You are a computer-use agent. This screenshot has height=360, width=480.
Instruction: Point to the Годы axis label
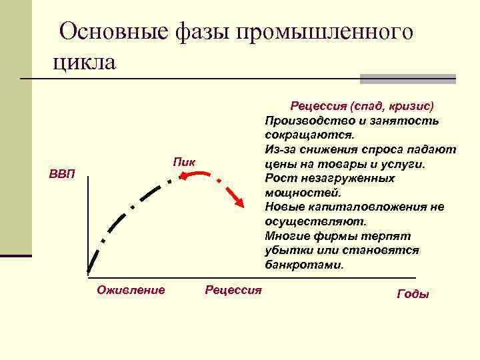(x=413, y=294)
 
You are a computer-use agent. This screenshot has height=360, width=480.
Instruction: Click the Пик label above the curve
(x=184, y=161)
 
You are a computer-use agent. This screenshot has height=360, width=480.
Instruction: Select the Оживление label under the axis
(x=131, y=289)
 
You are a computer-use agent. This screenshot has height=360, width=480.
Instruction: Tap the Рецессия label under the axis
(x=233, y=289)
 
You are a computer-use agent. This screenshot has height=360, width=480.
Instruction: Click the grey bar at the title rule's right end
(x=407, y=78)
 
